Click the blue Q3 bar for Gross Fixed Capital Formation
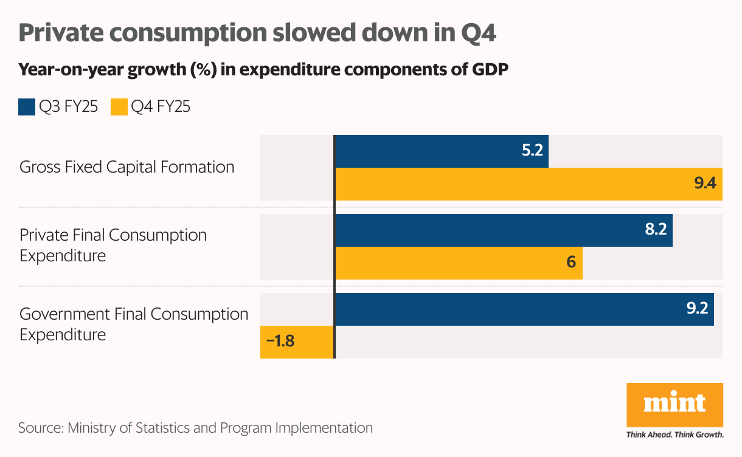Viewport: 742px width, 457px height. (442, 151)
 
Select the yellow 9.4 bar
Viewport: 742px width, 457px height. (528, 184)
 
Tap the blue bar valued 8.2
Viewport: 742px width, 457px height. (504, 230)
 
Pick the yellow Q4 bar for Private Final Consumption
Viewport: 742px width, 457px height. (459, 263)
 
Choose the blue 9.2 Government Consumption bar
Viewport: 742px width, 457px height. (524, 309)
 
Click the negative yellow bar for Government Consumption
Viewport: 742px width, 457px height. (297, 342)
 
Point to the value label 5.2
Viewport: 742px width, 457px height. (532, 151)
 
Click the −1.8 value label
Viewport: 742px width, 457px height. (280, 342)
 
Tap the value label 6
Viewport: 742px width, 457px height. (570, 263)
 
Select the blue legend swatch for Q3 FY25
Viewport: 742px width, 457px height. (26, 108)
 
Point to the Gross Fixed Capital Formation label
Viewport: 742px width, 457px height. (127, 167)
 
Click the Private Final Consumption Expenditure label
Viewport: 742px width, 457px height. (113, 245)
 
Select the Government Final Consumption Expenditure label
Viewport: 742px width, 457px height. (134, 324)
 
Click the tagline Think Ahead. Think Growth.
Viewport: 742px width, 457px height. (674, 435)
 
